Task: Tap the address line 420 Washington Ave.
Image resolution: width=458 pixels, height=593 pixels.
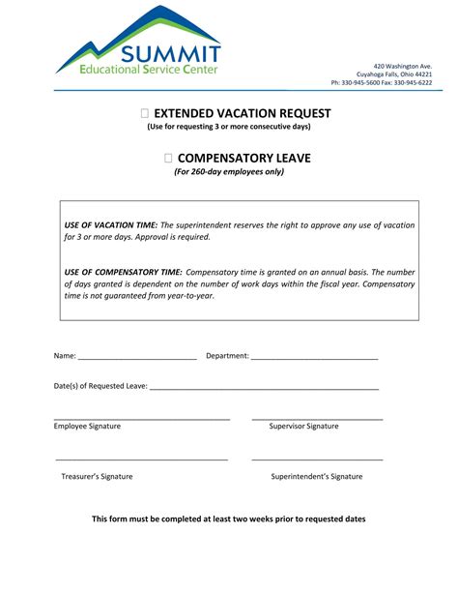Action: [x=403, y=65]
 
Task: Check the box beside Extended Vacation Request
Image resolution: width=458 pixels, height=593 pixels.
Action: [x=144, y=114]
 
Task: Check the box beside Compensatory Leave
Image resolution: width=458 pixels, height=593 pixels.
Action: [x=168, y=158]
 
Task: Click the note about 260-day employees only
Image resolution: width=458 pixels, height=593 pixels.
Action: [x=229, y=172]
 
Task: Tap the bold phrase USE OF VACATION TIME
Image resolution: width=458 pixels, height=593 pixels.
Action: [x=104, y=224]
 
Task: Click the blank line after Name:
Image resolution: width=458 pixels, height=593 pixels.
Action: [x=137, y=357]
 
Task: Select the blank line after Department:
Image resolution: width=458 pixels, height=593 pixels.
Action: [x=314, y=357]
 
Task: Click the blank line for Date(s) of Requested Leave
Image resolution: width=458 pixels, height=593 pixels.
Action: [x=264, y=387]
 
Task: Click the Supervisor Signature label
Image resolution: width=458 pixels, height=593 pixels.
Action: [x=303, y=426]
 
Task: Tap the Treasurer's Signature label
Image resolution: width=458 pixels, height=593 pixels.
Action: [x=97, y=476]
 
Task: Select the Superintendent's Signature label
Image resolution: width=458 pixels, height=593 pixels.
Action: [x=316, y=476]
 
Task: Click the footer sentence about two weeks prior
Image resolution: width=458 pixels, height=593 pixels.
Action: [x=229, y=519]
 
